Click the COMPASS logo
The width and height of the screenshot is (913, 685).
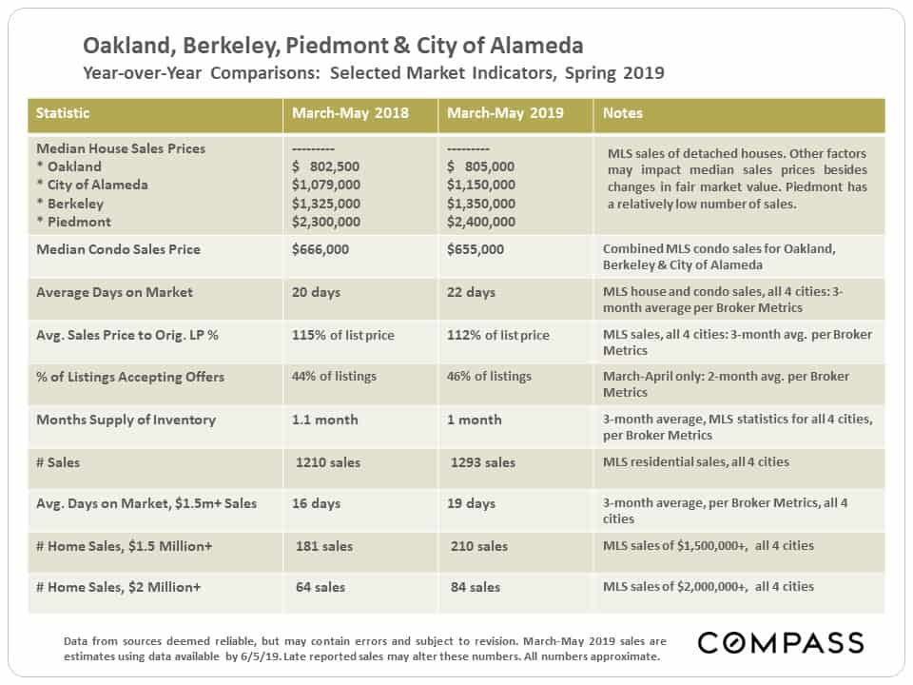tap(781, 643)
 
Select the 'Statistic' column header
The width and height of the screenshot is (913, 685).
tap(63, 113)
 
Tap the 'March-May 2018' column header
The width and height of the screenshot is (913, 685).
tap(350, 113)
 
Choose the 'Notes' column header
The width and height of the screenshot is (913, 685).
tap(622, 113)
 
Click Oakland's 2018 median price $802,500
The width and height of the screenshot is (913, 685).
tap(325, 166)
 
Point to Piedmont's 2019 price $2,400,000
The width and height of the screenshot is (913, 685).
tap(481, 222)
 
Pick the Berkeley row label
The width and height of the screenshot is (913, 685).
tap(75, 204)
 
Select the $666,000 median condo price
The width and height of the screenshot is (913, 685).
tap(321, 249)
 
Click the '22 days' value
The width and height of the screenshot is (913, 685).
tap(471, 292)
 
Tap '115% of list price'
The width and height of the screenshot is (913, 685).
tap(343, 336)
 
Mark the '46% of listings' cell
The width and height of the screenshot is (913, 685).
tap(489, 377)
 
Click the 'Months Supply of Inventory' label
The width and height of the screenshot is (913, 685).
tap(126, 420)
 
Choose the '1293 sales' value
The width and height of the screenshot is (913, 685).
tap(483, 462)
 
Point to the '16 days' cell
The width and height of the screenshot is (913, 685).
tap(316, 503)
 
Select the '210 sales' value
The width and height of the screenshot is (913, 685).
tap(478, 546)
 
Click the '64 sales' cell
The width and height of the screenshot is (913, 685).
tap(321, 587)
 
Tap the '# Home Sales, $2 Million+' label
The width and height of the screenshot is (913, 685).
tap(118, 587)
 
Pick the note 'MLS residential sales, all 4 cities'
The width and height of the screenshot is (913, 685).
tap(696, 462)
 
